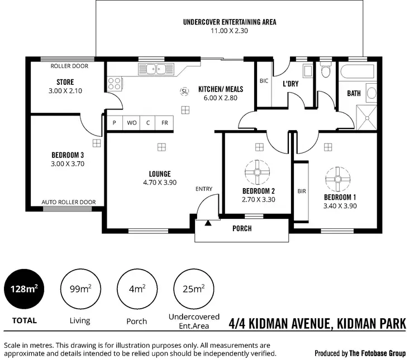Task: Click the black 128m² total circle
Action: coord(23,289)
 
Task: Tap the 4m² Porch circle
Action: coord(136,289)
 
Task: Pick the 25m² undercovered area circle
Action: coord(193,289)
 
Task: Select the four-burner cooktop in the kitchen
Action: coord(115,84)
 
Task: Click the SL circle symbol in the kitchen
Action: coord(184,91)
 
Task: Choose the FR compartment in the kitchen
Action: coord(165,123)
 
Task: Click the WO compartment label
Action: coord(132,123)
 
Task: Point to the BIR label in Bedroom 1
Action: coord(302,191)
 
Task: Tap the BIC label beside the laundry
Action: coord(264,80)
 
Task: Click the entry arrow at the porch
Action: coord(208,223)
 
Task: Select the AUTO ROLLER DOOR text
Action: coord(69,202)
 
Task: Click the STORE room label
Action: coord(65,82)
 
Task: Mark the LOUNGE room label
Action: coord(160,174)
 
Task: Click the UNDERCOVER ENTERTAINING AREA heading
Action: coord(230,22)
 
